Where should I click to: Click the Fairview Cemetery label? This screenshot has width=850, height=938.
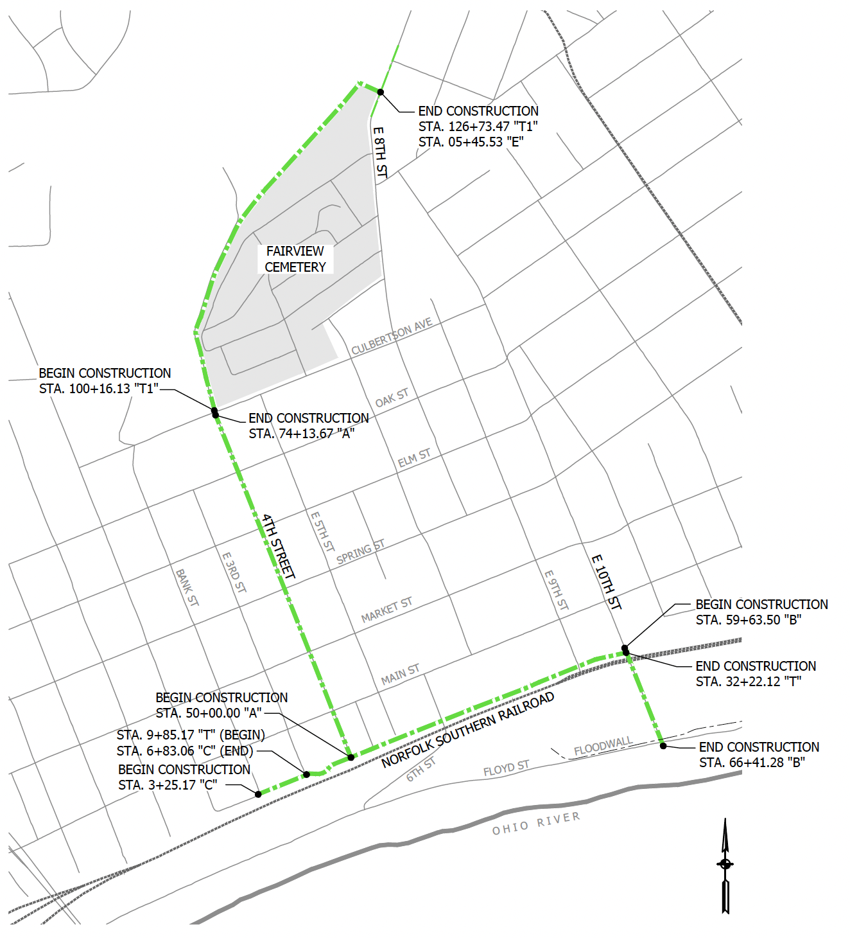coord(295,259)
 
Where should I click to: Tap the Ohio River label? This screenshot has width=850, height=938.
coord(536,823)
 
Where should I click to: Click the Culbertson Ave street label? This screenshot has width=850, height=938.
coord(392,336)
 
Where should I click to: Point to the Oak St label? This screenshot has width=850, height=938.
coord(392,398)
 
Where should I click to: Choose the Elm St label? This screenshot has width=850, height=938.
coord(414,458)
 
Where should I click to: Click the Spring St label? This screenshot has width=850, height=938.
coord(360,552)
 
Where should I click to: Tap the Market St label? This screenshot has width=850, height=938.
coord(386,609)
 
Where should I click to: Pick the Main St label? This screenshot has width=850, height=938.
coord(400,674)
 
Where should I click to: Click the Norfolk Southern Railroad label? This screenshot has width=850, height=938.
coord(468,730)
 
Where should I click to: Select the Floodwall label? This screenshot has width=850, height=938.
coord(603,747)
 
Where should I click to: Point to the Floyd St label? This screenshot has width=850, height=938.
coord(506,768)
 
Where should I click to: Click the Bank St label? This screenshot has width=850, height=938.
coord(187,587)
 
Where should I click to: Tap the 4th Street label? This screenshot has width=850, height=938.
coord(279,546)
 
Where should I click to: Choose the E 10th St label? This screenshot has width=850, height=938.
coord(606,582)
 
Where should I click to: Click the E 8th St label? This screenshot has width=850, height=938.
coord(380,152)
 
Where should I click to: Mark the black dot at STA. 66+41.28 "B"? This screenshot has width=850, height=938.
coord(663,746)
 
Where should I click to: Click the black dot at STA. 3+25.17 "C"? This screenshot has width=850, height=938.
coord(258,794)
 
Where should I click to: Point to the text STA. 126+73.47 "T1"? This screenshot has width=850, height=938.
coord(478,127)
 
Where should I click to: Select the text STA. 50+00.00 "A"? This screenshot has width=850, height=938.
coord(209,713)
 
